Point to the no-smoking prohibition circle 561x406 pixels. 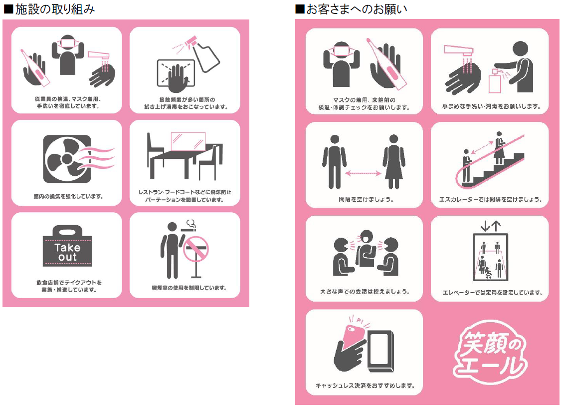click(x=196, y=249)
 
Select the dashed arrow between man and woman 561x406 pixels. click(x=364, y=173)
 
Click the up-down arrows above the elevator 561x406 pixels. click(x=490, y=226)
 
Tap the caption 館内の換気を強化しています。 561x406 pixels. click(x=66, y=196)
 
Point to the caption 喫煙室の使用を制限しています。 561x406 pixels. click(x=189, y=288)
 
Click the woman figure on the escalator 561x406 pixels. click(x=498, y=148)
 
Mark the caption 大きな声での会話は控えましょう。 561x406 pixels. click(x=365, y=291)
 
